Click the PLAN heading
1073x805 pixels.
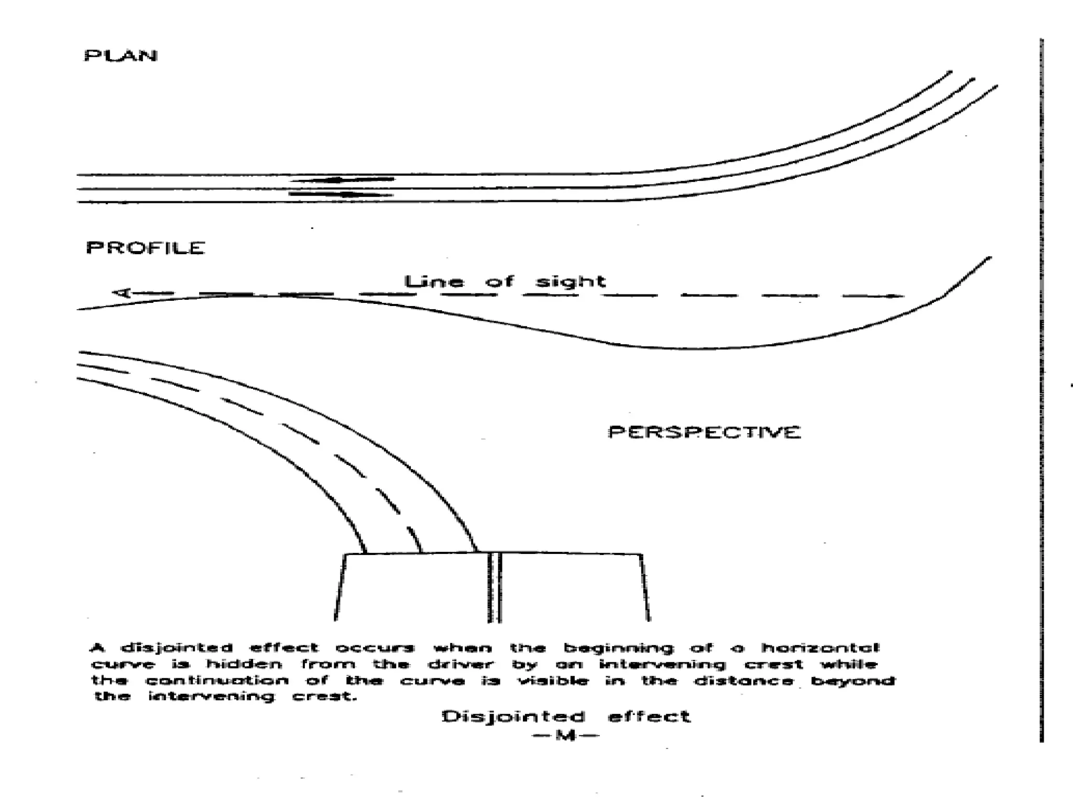[x=121, y=55]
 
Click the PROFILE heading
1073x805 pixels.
[x=145, y=247]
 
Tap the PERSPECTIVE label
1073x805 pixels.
[x=704, y=432]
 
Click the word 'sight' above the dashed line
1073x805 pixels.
[x=570, y=282]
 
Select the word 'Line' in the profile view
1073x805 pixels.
[x=434, y=282]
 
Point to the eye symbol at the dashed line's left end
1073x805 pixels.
[x=122, y=292]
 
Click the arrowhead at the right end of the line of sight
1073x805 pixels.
[x=897, y=296]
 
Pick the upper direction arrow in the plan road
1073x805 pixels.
[x=342, y=180]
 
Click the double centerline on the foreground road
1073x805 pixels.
[x=495, y=587]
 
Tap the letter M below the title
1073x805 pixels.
[x=565, y=735]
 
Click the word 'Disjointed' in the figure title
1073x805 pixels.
[x=513, y=716]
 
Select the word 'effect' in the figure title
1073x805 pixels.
[x=649, y=716]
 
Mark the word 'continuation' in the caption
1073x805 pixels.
[x=216, y=681]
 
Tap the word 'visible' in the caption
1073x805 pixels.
[x=553, y=681]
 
